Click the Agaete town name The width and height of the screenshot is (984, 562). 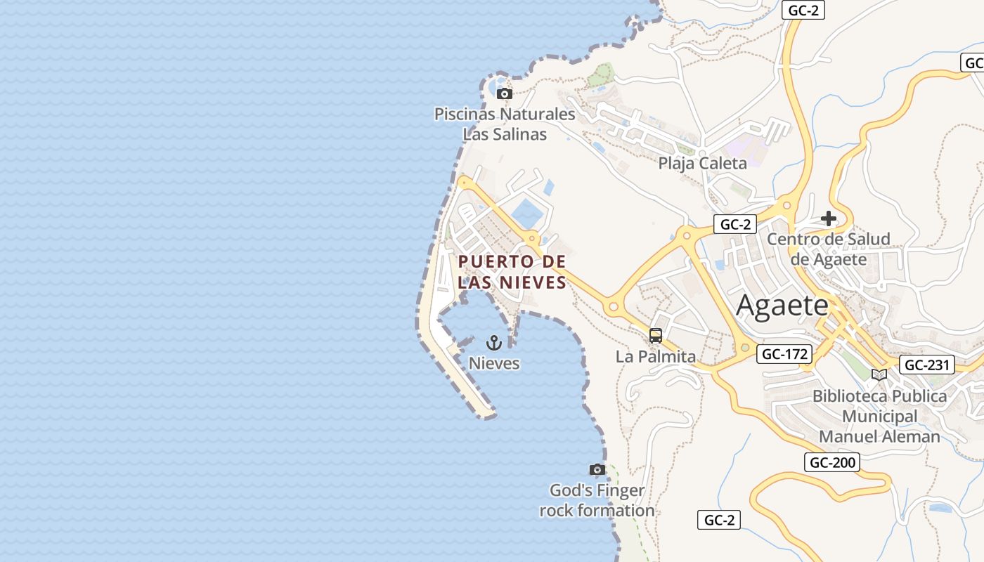[782, 306]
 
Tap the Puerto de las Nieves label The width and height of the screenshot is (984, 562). [512, 272]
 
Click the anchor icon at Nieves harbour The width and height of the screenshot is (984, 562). [494, 343]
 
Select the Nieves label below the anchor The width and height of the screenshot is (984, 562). [494, 363]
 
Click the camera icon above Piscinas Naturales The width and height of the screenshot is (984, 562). [504, 93]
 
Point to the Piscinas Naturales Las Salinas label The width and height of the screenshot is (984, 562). [505, 124]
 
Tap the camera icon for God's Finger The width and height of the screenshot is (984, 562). [597, 469]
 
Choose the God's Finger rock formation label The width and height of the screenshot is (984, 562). [597, 500]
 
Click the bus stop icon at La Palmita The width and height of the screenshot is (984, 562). [656, 336]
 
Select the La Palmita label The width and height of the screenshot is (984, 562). [655, 357]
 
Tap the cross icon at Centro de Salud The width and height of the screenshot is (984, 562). [829, 218]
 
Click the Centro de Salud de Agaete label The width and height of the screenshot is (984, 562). [828, 249]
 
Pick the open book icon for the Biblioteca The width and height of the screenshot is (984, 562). [879, 374]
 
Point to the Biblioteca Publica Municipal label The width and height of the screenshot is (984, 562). [879, 416]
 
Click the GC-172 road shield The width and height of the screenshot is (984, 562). [784, 354]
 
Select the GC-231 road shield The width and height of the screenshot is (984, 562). [927, 365]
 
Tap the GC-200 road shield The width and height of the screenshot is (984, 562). [832, 462]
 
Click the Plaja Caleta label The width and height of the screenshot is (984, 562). [702, 164]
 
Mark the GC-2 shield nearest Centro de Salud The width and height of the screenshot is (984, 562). [736, 225]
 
